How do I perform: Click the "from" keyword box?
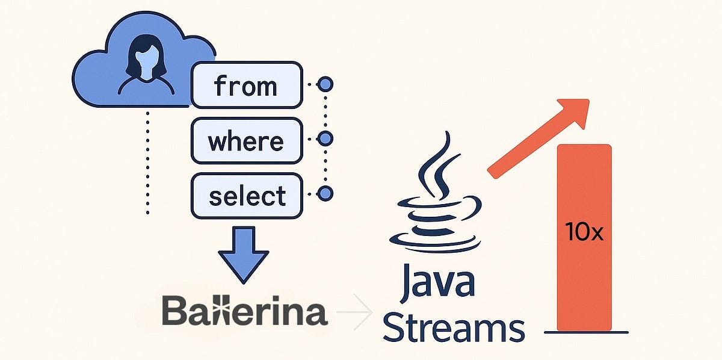245,85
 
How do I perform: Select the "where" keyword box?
245,141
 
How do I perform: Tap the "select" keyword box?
245,197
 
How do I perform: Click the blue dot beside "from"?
325,84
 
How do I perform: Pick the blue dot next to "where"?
325,139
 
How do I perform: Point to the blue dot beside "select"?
325,194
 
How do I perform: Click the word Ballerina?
244,312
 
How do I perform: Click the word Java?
436,284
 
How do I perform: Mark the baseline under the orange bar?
586,332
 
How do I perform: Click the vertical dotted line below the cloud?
147,163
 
